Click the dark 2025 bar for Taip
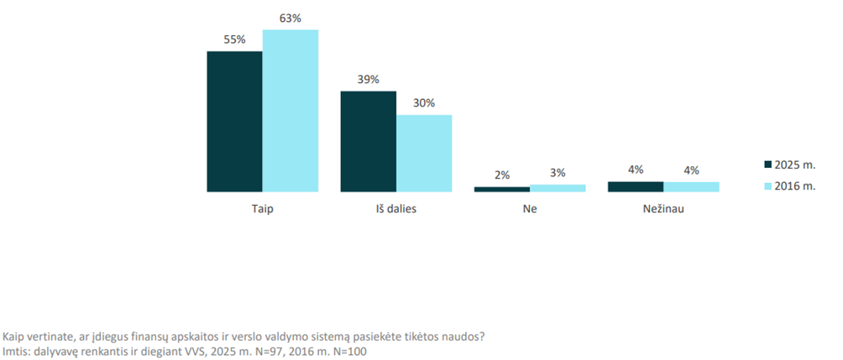[x=234, y=122]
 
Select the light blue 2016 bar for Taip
[x=291, y=111]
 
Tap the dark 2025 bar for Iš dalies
[x=368, y=141]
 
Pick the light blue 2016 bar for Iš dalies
[x=424, y=154]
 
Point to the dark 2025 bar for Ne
[x=501, y=190]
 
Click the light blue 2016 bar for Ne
[x=558, y=189]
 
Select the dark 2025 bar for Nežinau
[x=635, y=187]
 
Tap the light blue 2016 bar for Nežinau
[x=691, y=187]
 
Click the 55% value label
[x=234, y=39]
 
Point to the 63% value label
[x=291, y=18]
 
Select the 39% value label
[x=368, y=80]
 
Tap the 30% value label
[x=424, y=103]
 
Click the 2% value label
[x=501, y=175]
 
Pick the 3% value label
[x=558, y=173]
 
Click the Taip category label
[x=262, y=209]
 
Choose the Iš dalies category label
[x=395, y=209]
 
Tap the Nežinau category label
[x=663, y=209]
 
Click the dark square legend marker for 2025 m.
[x=767, y=164]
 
